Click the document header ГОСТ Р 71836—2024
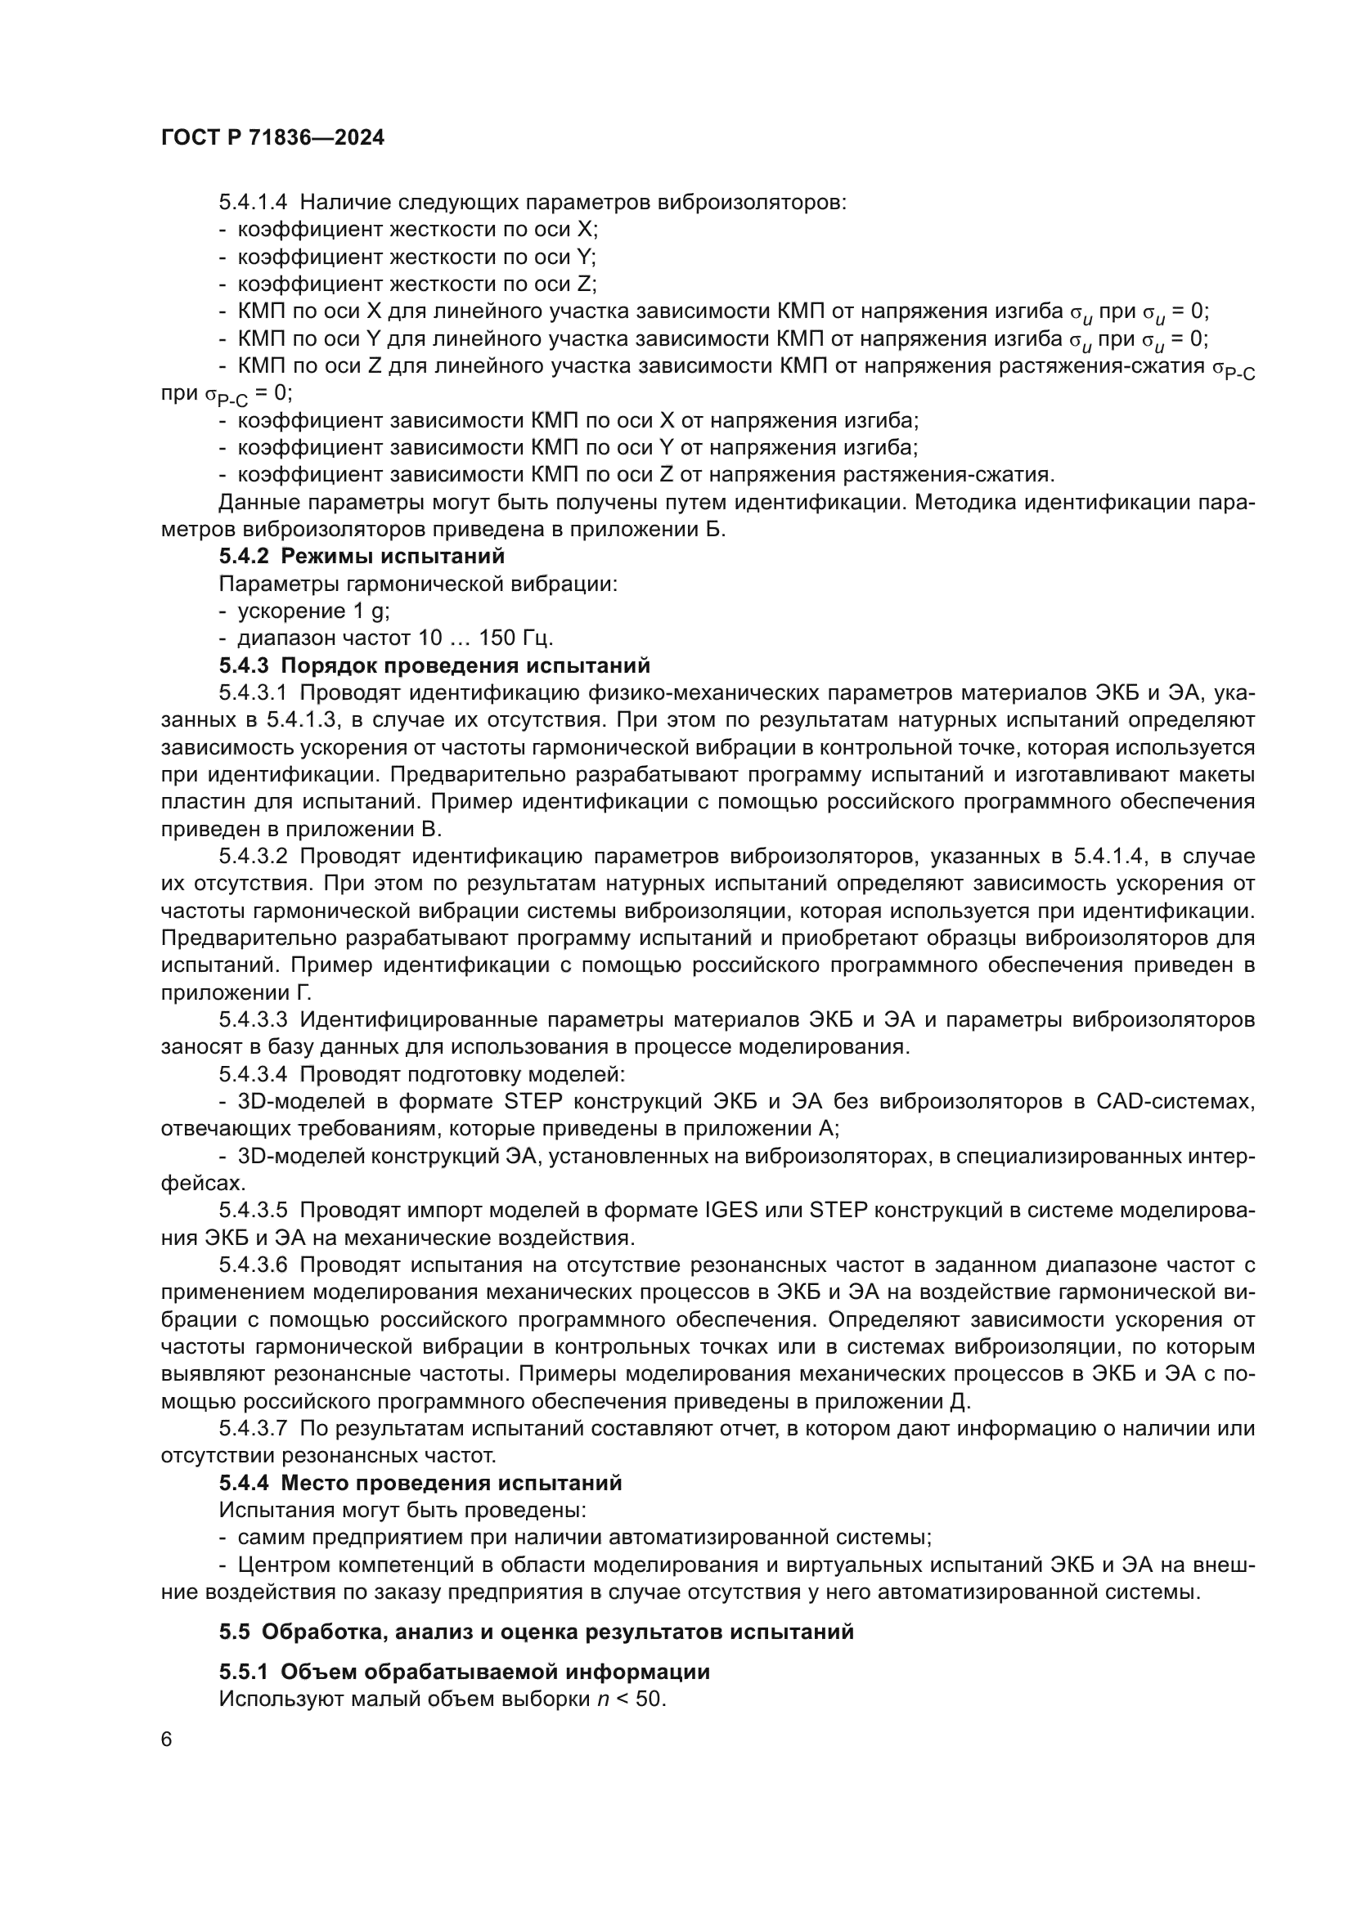pos(272,138)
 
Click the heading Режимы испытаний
pos(393,555)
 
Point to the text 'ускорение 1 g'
pos(314,611)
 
